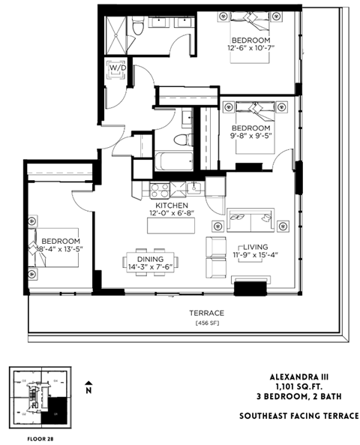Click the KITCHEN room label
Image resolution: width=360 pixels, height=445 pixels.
coord(171,205)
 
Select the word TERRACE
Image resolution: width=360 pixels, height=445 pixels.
coord(185,312)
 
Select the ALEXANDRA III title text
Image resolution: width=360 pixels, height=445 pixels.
coord(314,379)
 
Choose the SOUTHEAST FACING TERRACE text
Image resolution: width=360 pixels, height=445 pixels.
coord(298,415)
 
